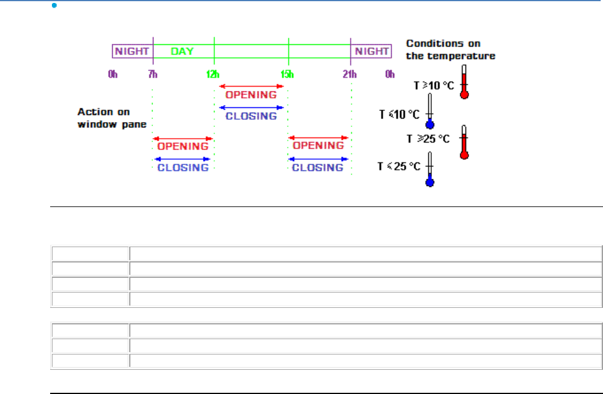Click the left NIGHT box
132,51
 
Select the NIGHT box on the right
371,51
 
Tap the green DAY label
182,51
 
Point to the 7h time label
153,74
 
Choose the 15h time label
287,74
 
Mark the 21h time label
350,74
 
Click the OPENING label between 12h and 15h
251,94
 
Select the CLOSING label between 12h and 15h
251,116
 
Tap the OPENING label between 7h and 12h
183,146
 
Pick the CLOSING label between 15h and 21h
318,168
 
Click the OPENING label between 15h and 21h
318,146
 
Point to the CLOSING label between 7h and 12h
183,168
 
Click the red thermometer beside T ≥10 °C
464,83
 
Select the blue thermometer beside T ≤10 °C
430,112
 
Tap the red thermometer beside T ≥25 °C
464,142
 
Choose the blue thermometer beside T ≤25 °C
430,170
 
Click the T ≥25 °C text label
428,139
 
